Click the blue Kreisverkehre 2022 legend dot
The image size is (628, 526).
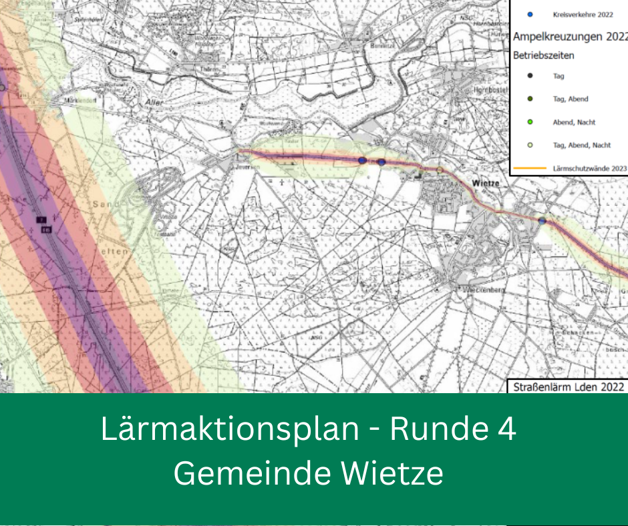click(x=530, y=14)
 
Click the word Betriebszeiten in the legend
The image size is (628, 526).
click(x=543, y=55)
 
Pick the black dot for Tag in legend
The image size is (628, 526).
click(x=530, y=75)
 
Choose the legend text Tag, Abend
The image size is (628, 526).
click(x=571, y=99)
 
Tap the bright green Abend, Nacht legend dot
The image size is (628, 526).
click(x=530, y=122)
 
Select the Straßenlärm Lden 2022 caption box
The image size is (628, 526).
click(x=567, y=386)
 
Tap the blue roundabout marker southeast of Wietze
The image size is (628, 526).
click(x=542, y=220)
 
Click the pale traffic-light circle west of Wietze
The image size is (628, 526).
click(x=440, y=170)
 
